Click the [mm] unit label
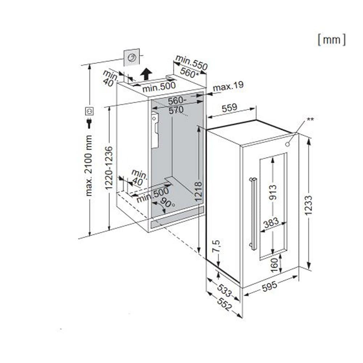[x=331, y=40]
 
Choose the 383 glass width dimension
[x=271, y=222]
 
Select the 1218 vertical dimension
[x=198, y=191]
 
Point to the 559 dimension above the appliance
[x=229, y=107]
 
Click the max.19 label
[x=228, y=86]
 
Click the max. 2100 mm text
[x=89, y=165]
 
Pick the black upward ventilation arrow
[x=146, y=74]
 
